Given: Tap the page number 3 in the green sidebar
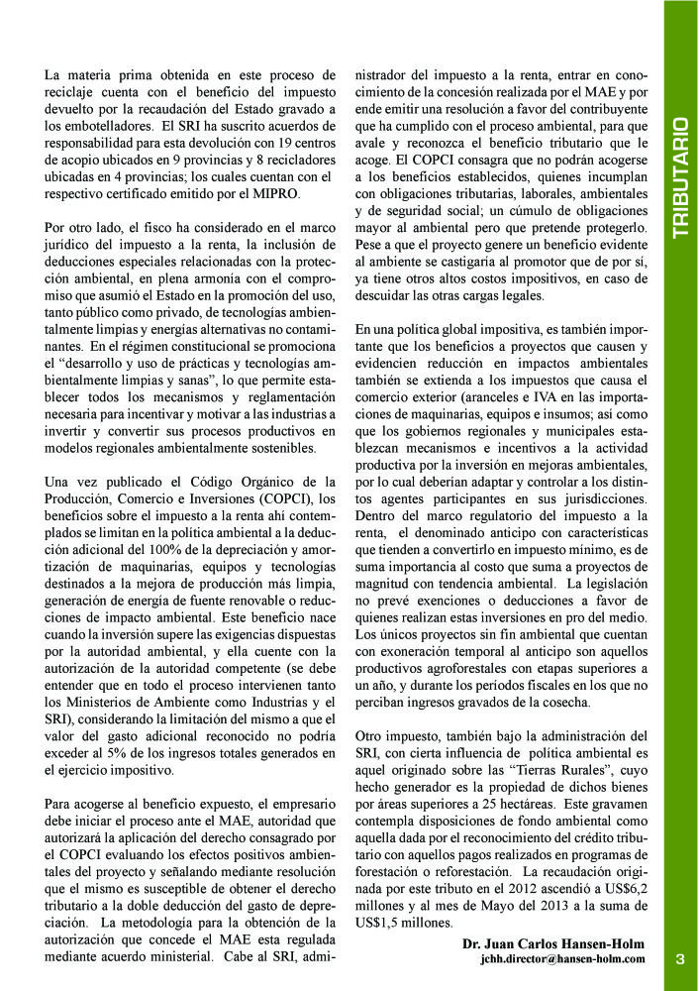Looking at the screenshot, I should tap(680, 958).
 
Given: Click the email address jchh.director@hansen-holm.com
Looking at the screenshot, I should tap(562, 959).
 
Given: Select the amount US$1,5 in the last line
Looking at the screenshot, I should tap(381, 923).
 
